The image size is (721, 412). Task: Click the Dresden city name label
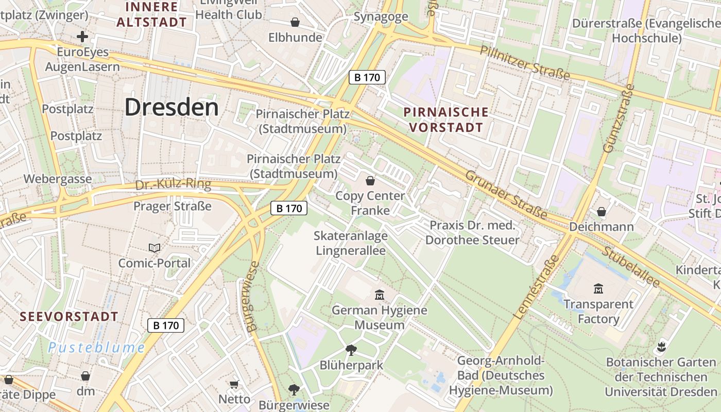(x=171, y=107)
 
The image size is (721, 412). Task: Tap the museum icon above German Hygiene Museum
(x=380, y=295)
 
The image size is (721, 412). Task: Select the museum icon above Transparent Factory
(x=598, y=288)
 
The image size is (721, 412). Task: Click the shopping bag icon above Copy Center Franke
(x=370, y=181)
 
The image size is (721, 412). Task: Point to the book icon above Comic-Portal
(x=154, y=248)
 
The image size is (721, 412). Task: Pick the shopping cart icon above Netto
(x=234, y=384)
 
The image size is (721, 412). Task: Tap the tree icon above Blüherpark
(x=351, y=350)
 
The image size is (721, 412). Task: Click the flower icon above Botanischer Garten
(x=662, y=347)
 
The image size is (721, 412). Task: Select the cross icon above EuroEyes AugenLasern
(x=82, y=37)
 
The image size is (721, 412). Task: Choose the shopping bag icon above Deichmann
(x=601, y=212)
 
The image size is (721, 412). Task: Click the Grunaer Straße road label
(x=506, y=194)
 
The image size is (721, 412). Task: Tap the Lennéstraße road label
(x=536, y=286)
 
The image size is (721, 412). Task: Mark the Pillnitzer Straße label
(x=525, y=62)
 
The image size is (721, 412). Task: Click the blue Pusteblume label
(x=97, y=348)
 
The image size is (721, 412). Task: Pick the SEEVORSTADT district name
(x=69, y=316)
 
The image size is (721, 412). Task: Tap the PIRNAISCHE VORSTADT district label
(x=445, y=119)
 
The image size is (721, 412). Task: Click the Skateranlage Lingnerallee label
(x=350, y=243)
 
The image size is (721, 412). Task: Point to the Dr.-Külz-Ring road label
(x=173, y=185)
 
